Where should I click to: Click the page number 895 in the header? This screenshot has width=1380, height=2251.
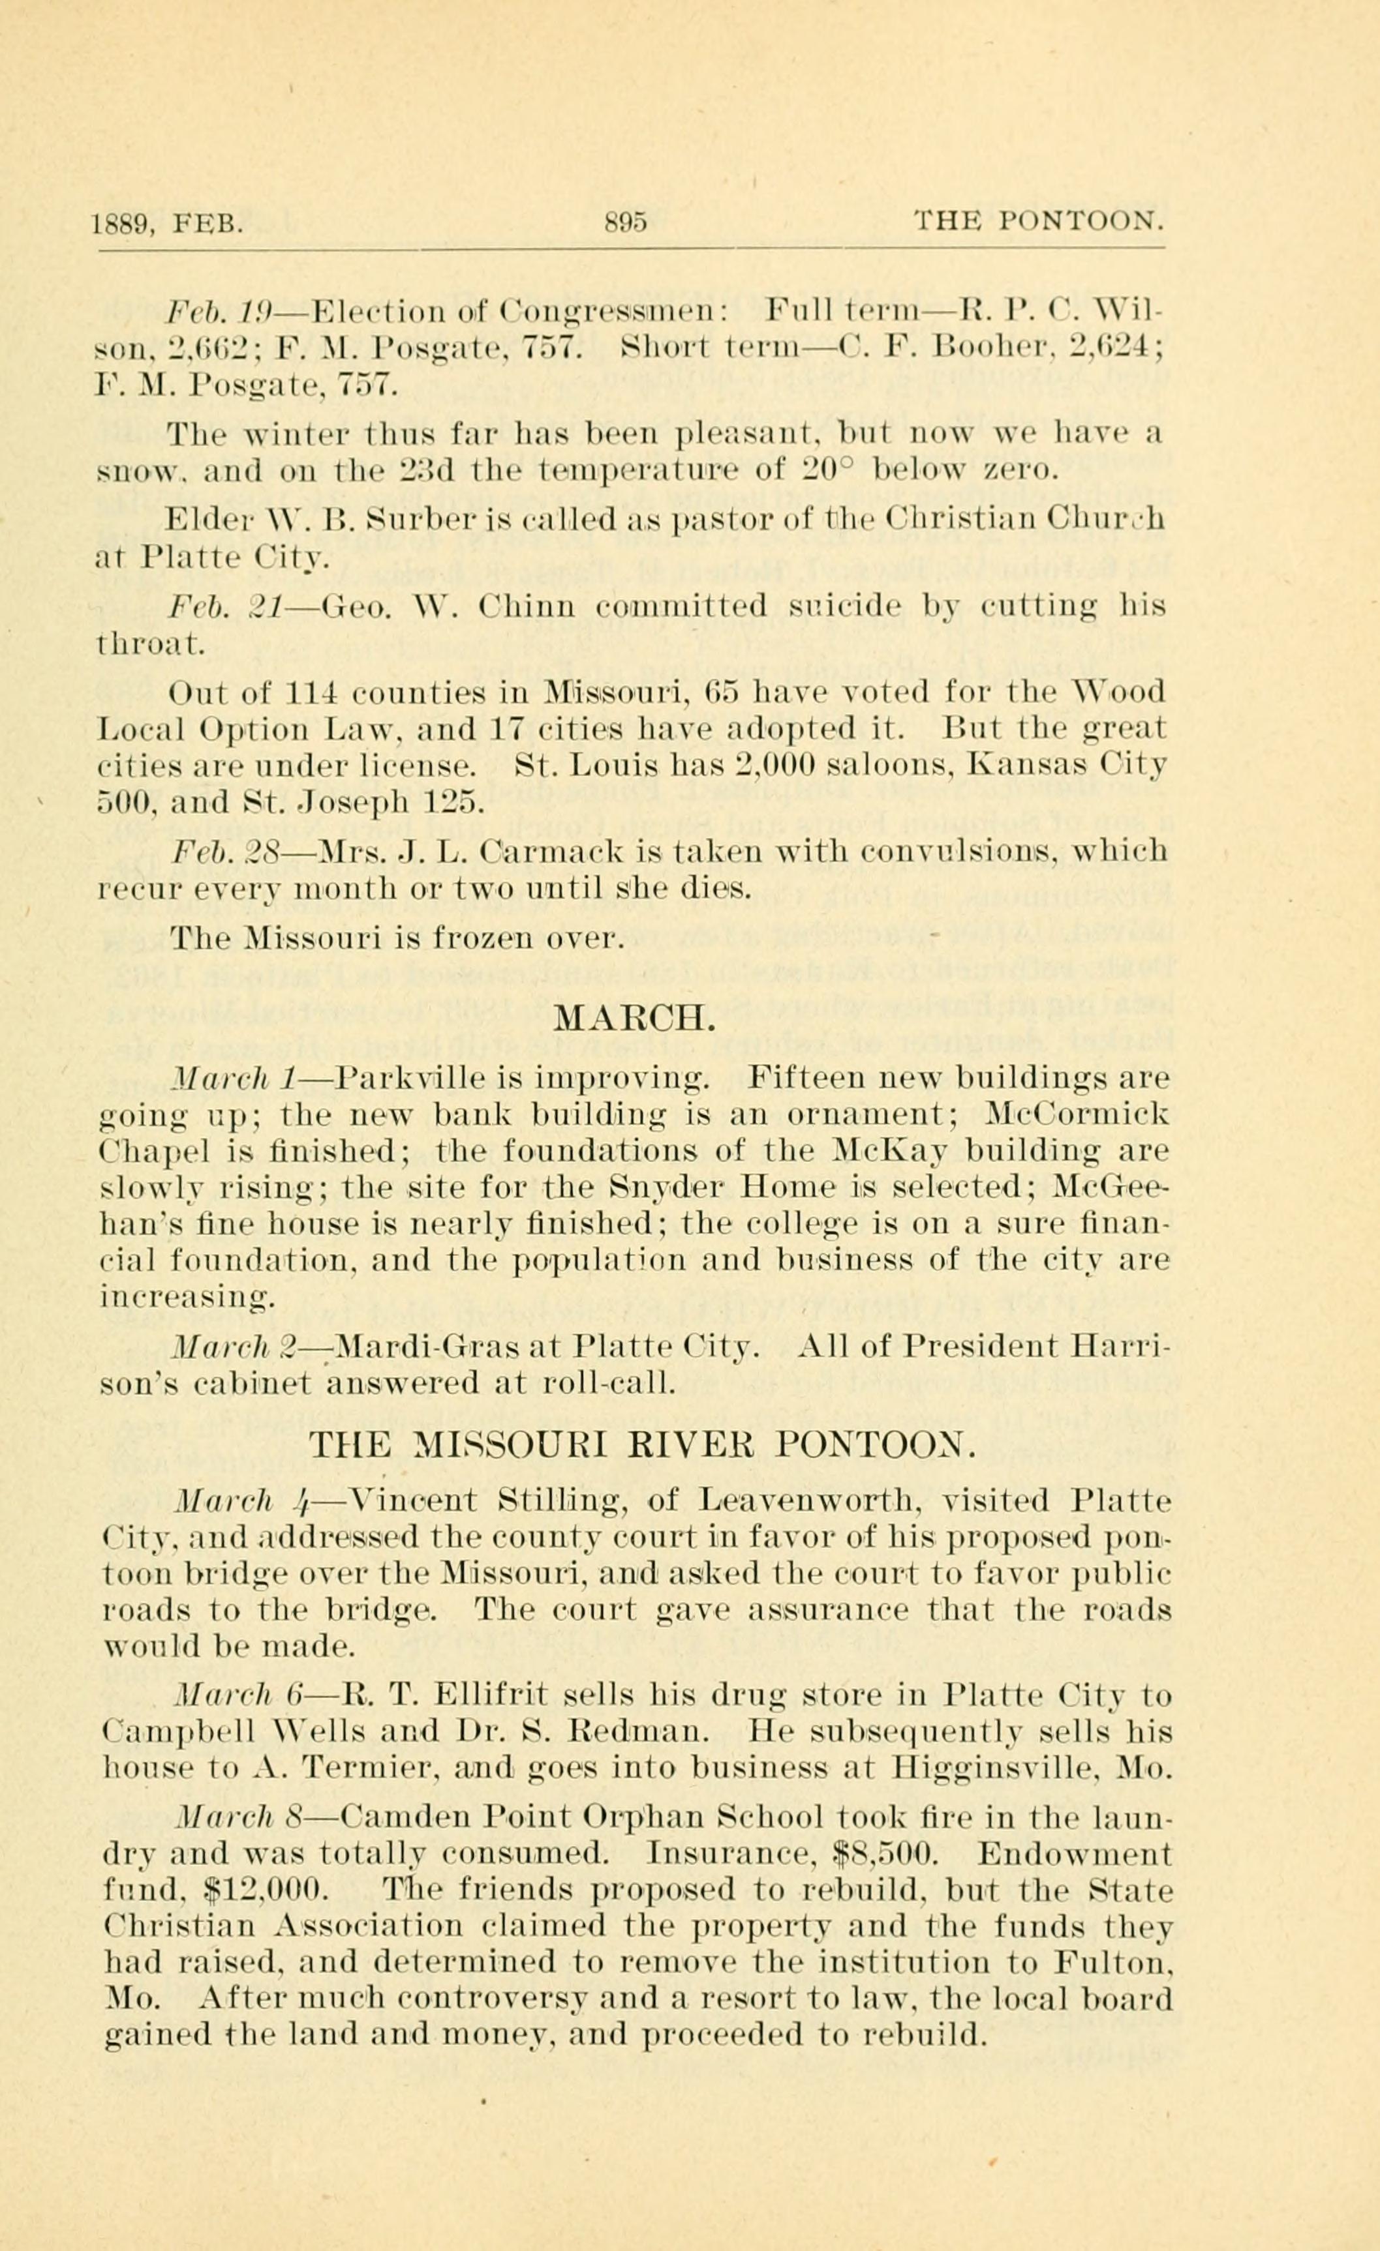coord(625,222)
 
